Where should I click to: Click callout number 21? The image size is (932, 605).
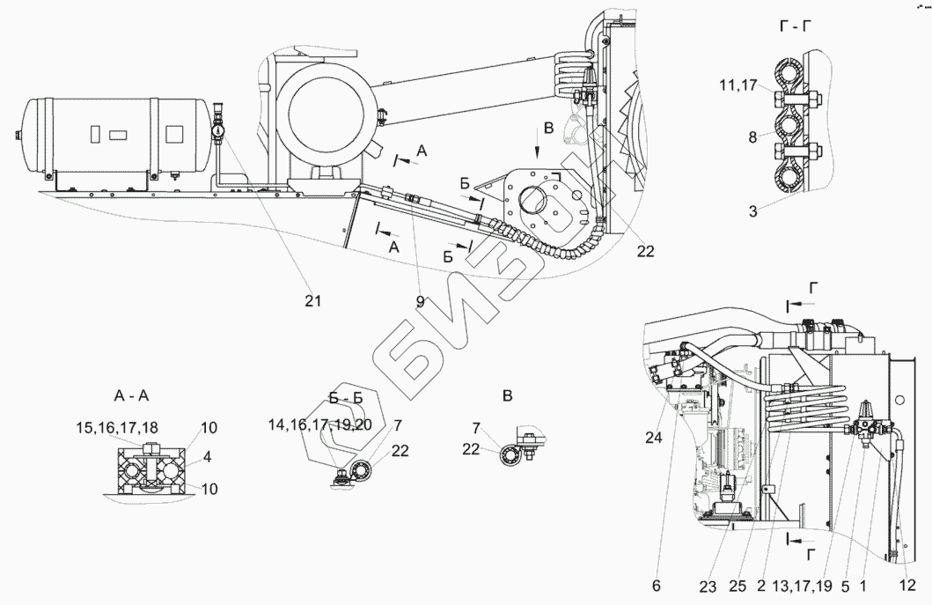tap(313, 300)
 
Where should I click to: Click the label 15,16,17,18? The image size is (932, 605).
tap(117, 427)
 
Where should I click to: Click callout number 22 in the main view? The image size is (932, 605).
tap(645, 250)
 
